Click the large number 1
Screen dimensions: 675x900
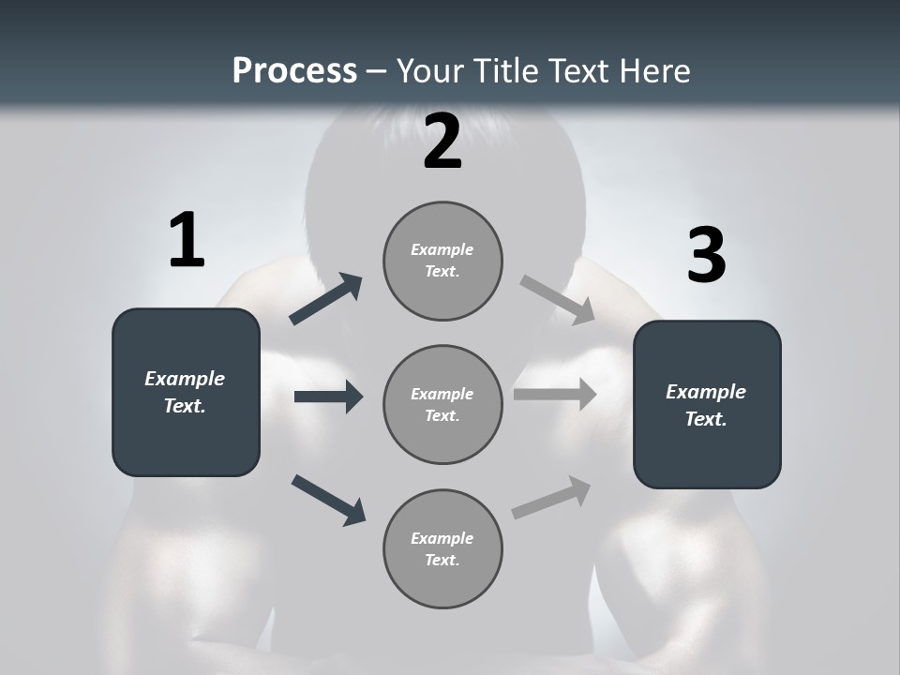pos(187,241)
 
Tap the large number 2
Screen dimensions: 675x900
pos(442,142)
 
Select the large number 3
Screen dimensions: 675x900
pos(706,256)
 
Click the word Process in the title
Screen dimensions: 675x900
pos(294,70)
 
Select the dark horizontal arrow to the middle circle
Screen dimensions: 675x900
pos(328,397)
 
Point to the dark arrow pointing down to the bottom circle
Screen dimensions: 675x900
pos(328,500)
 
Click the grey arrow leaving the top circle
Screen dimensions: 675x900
pos(557,299)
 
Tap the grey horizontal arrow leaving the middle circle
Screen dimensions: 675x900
pos(555,395)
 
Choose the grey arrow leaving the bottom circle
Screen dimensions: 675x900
pos(551,497)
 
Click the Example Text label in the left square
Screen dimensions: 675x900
pos(185,392)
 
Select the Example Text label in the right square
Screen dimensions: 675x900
pos(706,405)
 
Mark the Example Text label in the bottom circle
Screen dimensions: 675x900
pos(442,548)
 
